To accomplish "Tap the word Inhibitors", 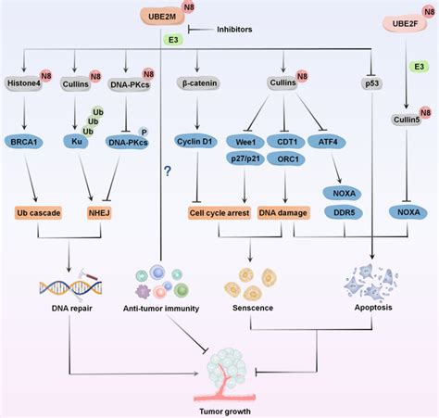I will coord(238,30).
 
